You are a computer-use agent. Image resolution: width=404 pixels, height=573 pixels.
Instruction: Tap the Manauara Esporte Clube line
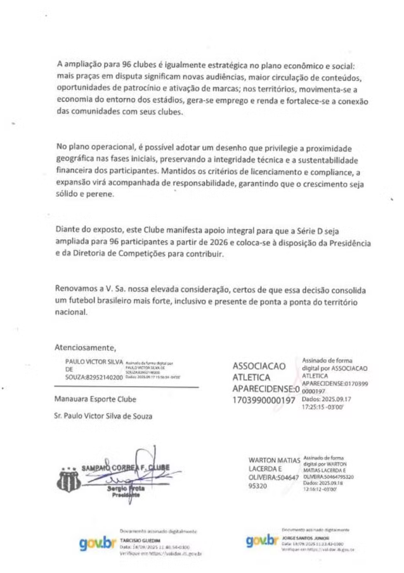(96, 400)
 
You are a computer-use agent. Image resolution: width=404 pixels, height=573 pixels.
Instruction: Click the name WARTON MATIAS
(275, 458)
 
